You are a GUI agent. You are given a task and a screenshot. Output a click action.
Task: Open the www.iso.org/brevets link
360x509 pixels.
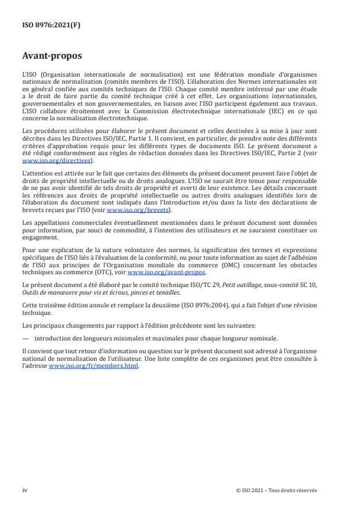point(131,211)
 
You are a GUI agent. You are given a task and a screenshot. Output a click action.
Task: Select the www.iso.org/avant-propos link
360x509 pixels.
point(165,270)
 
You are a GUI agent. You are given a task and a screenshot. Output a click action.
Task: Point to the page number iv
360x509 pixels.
point(24,490)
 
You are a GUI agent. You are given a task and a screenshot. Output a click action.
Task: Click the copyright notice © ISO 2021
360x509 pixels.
point(255,490)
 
